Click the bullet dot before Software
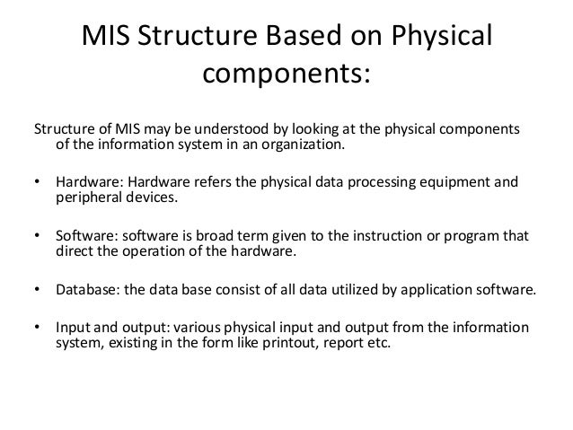tap(36, 236)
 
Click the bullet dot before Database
tap(36, 291)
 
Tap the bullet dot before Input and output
tap(36, 328)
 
